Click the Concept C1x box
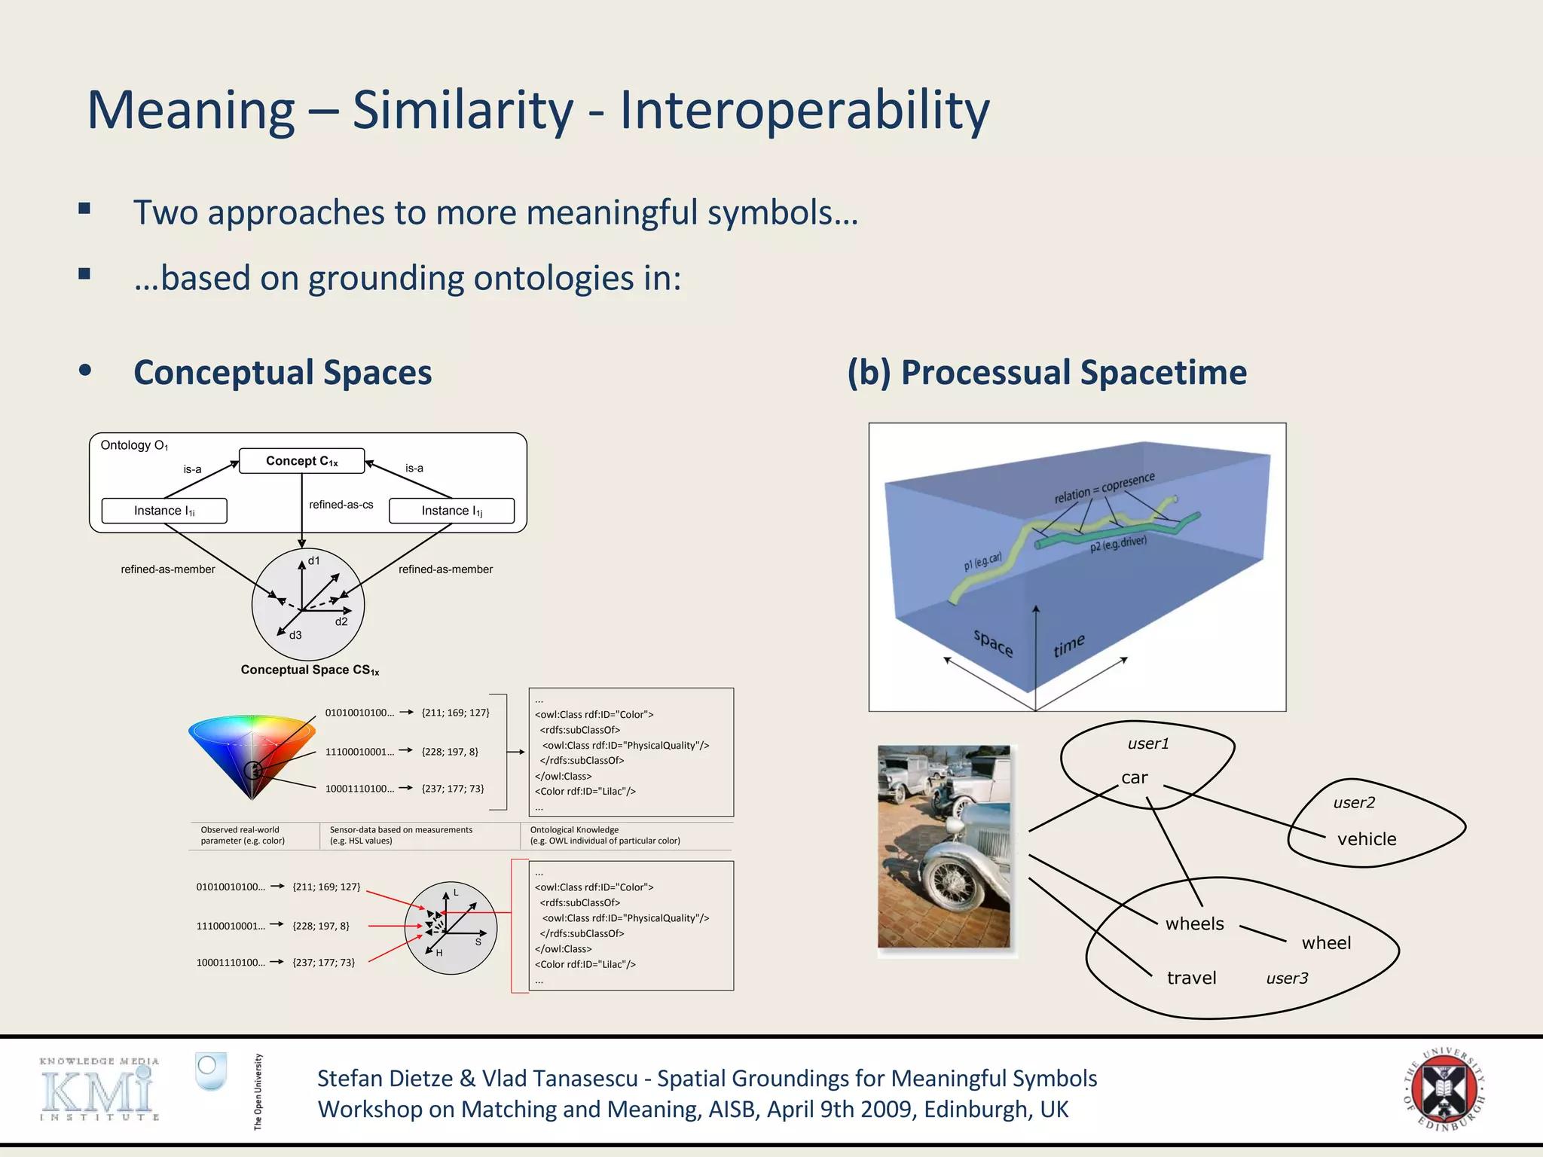301,461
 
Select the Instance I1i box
164,511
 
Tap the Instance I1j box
451,511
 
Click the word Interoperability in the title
804,110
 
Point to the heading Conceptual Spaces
283,373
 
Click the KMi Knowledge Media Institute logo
99,1089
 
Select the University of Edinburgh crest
1443,1089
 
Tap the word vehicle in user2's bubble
1366,839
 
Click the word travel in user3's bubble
1191,978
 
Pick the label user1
1147,743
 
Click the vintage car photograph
944,847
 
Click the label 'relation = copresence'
1104,487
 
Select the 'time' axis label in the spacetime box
1068,646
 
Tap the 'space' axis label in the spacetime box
993,643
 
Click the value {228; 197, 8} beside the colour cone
450,752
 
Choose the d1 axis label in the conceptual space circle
314,560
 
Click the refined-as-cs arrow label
341,505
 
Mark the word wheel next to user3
1325,943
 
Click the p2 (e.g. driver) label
1118,544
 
